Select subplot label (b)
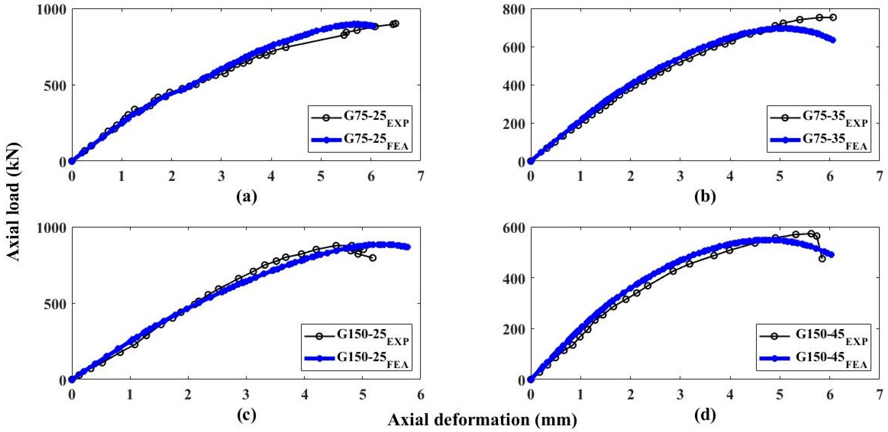(705, 196)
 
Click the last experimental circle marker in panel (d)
(822, 259)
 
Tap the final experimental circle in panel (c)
(373, 257)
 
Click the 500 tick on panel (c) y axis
(54, 304)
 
